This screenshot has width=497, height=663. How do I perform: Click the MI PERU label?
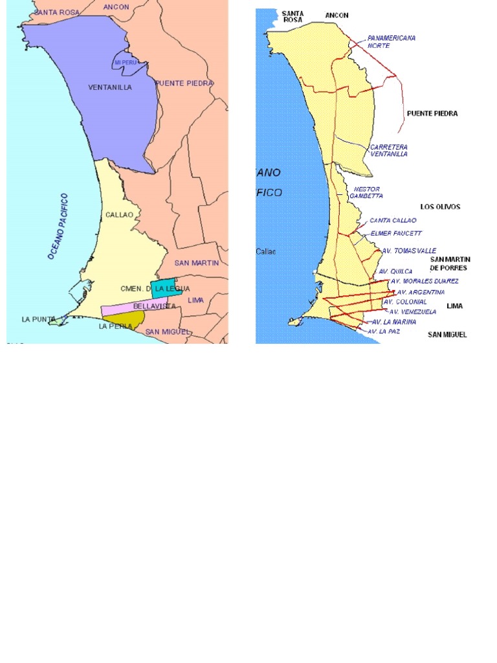[x=125, y=62]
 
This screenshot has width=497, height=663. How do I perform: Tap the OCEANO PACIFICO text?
[x=58, y=227]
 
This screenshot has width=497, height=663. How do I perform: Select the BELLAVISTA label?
[x=154, y=306]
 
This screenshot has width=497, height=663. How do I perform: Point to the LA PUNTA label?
[x=35, y=319]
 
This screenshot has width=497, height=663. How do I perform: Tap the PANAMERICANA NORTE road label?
[x=391, y=42]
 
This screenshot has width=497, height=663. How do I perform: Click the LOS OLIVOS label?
[x=440, y=207]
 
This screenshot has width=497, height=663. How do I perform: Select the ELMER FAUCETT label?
[x=396, y=233]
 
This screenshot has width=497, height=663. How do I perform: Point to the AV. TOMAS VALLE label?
[x=409, y=251]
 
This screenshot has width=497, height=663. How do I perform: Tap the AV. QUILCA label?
[x=396, y=271]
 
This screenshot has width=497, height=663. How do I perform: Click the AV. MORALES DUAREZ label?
[x=425, y=281]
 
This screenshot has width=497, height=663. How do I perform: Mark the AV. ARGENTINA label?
[x=421, y=292]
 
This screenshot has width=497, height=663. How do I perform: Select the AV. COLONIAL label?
[x=406, y=302]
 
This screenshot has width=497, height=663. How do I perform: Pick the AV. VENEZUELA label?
[x=413, y=311]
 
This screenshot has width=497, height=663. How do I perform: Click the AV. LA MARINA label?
[x=394, y=322]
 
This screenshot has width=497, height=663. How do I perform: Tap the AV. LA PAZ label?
[x=384, y=331]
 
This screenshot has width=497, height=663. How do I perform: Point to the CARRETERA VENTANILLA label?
[x=388, y=151]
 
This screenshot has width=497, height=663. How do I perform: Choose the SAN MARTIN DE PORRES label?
[x=450, y=264]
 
